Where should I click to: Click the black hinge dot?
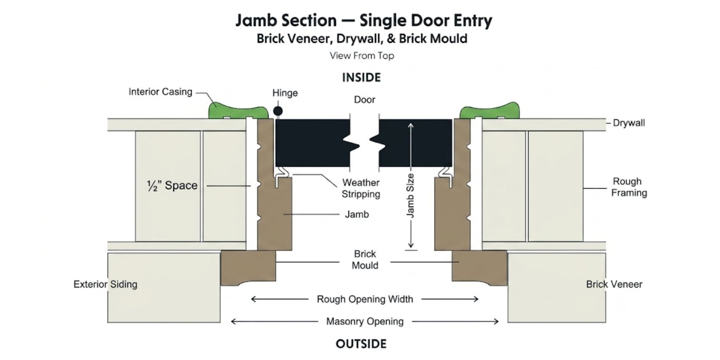coord(278,111)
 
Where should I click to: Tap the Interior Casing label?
coord(160,92)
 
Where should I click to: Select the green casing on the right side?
coord(490,111)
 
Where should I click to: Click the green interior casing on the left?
coord(238,111)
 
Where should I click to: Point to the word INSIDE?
coord(361,78)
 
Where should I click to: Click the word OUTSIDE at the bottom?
coord(361,344)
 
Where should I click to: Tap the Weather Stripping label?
coord(361,188)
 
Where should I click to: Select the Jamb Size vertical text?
coord(410,195)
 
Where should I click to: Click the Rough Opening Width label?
coord(365,299)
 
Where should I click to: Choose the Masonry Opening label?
coord(365,321)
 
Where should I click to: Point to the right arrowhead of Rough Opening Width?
coord(477,299)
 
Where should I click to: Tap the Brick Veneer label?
coord(614,284)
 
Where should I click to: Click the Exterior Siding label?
coord(105,284)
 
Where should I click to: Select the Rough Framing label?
coord(628,187)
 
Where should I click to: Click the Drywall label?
coord(628,123)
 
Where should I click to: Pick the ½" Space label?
coord(172,186)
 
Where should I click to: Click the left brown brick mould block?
coord(248,268)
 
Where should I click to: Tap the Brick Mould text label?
coord(365,260)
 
